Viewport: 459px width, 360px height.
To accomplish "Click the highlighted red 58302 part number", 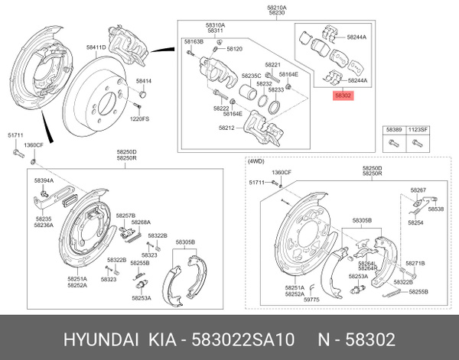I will pos(342,97).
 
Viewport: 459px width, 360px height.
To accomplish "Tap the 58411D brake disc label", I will pos(96,47).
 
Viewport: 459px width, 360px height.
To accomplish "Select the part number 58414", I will pos(144,80).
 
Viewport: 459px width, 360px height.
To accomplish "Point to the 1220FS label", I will pos(139,118).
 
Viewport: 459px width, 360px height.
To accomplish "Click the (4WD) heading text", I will pos(256,162).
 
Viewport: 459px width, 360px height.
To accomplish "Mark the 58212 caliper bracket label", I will pos(227,128).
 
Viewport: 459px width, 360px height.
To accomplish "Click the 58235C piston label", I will pos(252,75).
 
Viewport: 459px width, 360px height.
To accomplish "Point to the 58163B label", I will pos(194,41).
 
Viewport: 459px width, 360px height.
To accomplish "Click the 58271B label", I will pos(415,263).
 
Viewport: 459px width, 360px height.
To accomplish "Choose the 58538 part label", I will pos(435,209).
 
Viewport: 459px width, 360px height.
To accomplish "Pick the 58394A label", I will pos(43,180).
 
